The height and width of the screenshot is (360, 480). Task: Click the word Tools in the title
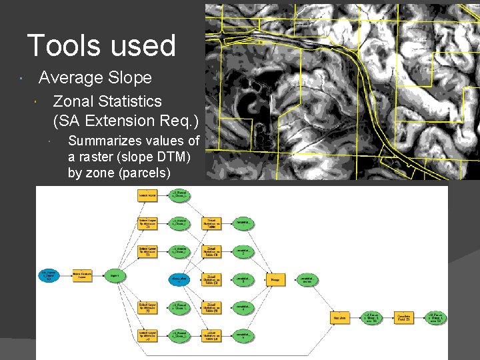58,45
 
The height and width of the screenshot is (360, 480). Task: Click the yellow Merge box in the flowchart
275,280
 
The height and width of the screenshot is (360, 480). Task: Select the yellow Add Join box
340,318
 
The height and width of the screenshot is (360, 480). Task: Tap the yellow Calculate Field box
404,318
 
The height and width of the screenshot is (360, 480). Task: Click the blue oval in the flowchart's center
179,280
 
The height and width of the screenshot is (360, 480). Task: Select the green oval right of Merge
307,280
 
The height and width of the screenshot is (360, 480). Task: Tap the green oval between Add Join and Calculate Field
372,318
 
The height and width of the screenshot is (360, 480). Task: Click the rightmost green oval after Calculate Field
435,318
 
